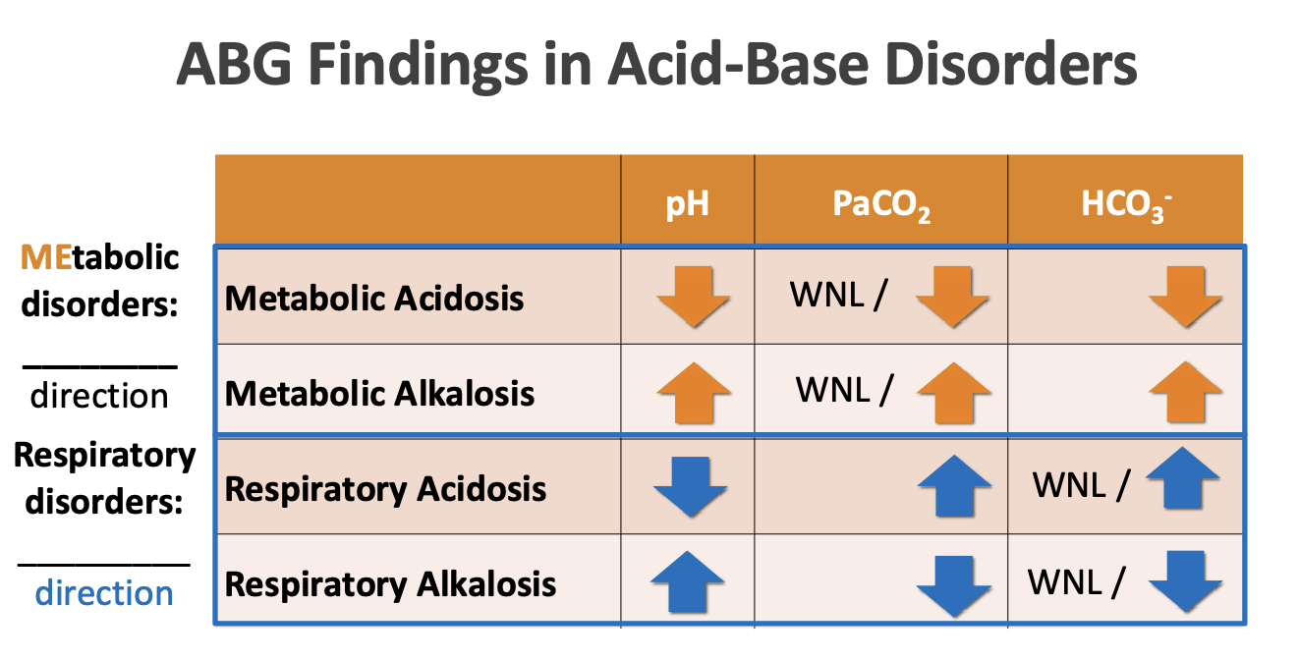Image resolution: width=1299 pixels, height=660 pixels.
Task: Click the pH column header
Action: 687,204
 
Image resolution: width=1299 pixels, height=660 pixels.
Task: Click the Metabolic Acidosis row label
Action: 374,299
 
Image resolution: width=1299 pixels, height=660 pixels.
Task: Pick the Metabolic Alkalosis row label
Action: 379,394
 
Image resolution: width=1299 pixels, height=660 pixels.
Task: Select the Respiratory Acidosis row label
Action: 385,489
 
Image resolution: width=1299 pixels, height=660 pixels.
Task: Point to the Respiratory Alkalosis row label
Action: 390,584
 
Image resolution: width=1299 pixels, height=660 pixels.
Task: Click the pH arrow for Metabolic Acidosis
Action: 694,296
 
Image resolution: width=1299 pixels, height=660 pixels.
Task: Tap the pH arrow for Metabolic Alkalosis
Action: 694,392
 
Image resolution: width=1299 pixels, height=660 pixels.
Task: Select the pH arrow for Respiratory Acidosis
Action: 690,487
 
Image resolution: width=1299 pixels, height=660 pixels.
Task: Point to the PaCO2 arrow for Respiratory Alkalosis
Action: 953,585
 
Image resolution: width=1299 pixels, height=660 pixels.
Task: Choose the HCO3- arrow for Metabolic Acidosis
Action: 1185,296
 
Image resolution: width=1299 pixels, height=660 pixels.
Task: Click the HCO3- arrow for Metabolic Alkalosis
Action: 1185,392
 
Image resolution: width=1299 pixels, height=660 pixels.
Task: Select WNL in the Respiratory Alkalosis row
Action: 1065,581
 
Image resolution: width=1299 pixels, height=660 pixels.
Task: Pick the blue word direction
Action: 104,593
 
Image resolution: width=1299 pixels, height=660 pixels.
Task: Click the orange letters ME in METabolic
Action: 44,257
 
